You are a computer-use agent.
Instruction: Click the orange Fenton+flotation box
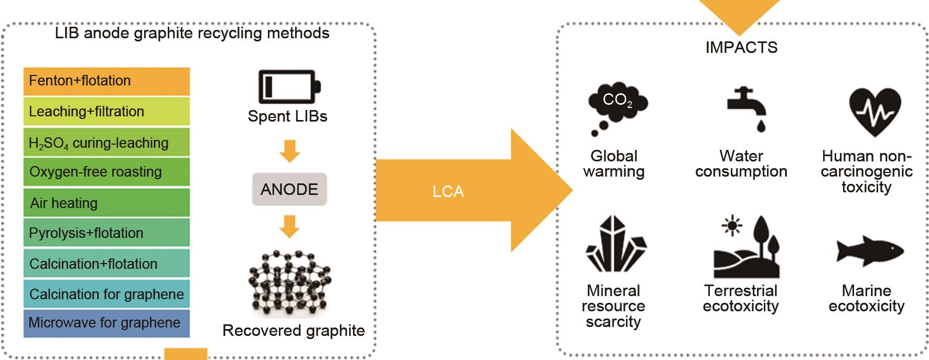106,81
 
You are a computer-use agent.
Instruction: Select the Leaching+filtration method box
106,112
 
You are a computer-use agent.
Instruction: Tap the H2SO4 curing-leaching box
106,143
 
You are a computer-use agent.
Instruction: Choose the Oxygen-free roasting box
106,172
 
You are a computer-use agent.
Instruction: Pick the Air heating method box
106,203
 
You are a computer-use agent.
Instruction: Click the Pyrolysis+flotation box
106,233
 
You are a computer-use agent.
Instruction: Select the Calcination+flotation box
106,264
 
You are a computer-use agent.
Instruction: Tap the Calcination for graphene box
106,294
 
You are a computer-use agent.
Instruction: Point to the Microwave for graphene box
106,323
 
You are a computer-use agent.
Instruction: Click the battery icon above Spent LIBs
289,87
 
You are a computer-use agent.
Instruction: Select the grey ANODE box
289,189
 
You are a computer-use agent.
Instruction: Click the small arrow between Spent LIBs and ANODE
289,151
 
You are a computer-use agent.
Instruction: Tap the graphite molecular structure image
289,283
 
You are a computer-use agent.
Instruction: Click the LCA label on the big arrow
448,191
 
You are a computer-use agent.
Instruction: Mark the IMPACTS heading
741,48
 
